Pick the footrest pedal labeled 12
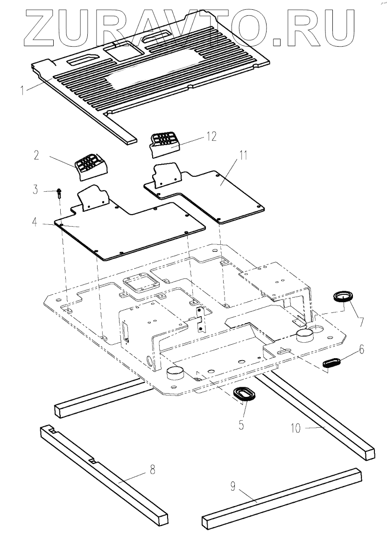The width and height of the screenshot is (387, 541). tap(164, 142)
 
